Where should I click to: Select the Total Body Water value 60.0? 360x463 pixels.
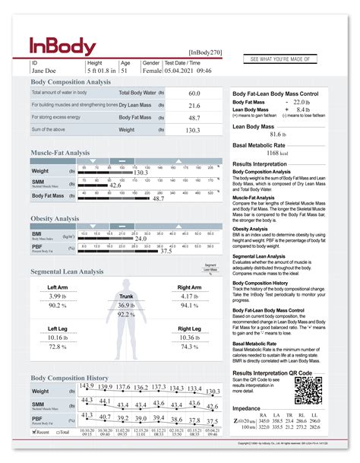[194, 93]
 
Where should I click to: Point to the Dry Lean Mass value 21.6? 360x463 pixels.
[194, 106]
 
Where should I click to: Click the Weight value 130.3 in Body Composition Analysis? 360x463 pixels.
[194, 131]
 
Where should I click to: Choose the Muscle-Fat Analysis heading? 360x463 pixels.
[60, 153]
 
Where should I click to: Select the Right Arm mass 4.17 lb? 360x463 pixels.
[189, 297]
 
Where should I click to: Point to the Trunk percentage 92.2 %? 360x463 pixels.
[126, 314]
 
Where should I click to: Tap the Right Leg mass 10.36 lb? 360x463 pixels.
[189, 338]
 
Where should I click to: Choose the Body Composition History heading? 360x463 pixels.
[69, 378]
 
